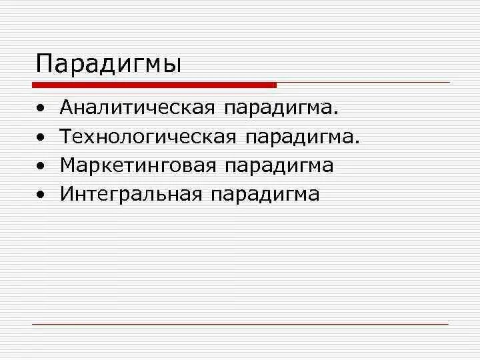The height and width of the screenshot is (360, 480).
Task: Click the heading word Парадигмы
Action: [108, 65]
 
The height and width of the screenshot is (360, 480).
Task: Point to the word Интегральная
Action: [131, 194]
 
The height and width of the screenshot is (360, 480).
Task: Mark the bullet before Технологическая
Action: [41, 137]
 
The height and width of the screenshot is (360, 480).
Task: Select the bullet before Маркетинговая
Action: [41, 166]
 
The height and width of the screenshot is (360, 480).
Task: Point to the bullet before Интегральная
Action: [41, 195]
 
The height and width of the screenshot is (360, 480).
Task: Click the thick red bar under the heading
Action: [154, 85]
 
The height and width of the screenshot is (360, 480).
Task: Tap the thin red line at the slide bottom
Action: [240, 324]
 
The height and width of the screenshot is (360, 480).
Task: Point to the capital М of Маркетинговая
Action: [67, 165]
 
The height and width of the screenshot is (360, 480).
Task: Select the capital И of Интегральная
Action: [66, 194]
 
